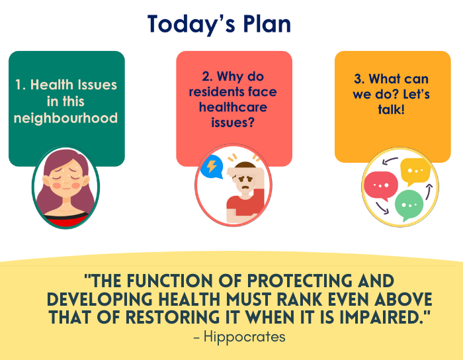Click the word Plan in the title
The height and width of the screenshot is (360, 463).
(267, 24)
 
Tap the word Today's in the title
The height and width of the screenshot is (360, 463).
(191, 24)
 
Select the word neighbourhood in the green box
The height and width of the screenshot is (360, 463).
(65, 118)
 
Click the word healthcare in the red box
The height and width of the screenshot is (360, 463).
(233, 107)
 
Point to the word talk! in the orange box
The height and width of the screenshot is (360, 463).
(392, 109)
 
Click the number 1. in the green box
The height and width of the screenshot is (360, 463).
(21, 85)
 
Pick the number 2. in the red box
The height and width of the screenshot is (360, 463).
(207, 77)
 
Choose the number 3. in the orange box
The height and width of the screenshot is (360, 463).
(359, 79)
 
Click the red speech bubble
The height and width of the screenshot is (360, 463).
(380, 186)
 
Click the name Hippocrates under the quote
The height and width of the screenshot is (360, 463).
(245, 337)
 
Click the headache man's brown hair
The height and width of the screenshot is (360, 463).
(246, 167)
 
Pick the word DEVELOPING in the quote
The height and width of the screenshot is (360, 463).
(100, 299)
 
